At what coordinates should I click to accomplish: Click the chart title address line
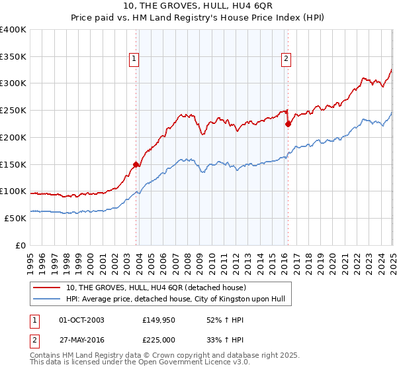point(198,8)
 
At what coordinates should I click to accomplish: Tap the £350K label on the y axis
point(13,56)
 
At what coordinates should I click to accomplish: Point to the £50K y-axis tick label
point(15,218)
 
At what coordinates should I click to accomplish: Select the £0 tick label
point(20,245)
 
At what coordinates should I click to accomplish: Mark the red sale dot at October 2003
point(136,164)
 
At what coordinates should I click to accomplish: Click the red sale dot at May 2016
point(288,123)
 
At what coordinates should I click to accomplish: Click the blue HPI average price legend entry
point(175,299)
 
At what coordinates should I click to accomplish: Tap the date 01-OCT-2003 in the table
point(81,319)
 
